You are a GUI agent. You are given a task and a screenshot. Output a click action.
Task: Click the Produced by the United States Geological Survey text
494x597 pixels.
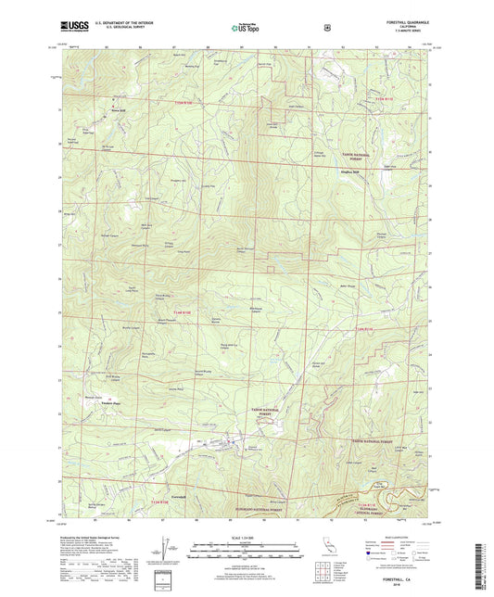(x=93, y=537)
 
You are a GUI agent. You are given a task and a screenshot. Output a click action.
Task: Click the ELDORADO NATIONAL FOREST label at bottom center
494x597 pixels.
(x=244, y=486)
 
